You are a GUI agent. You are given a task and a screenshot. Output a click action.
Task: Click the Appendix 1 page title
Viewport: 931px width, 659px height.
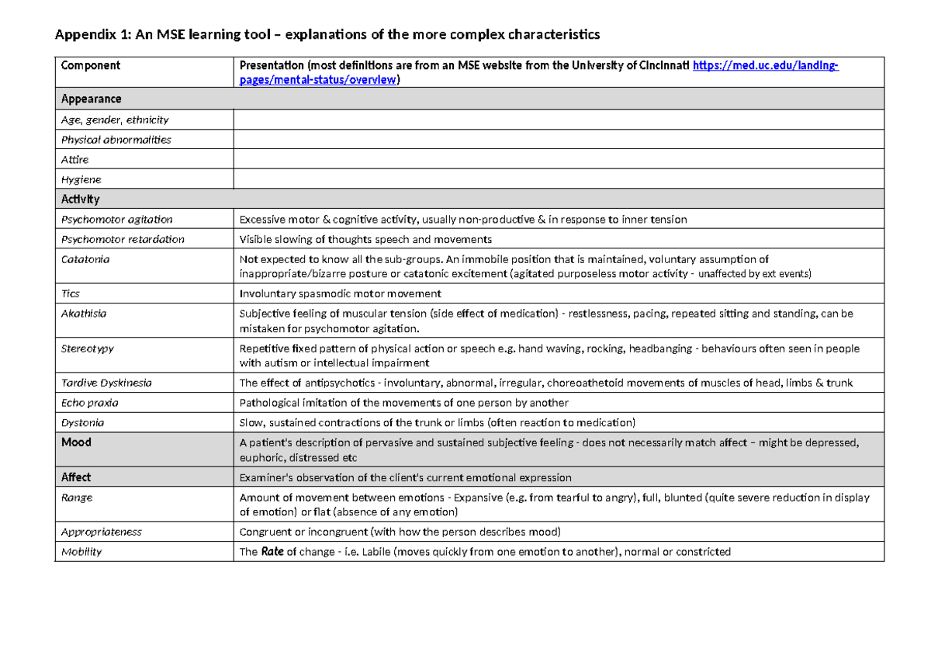(x=326, y=35)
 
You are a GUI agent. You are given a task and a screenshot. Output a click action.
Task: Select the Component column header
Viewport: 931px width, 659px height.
(x=91, y=66)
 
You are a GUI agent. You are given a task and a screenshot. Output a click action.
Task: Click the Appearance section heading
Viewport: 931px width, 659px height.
(x=92, y=99)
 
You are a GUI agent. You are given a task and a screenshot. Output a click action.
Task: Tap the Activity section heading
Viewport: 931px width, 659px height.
(x=81, y=199)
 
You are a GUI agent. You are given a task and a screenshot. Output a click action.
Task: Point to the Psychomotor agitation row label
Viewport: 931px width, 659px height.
(x=117, y=220)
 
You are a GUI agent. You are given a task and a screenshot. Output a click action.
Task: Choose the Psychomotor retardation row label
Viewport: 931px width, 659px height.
(x=123, y=239)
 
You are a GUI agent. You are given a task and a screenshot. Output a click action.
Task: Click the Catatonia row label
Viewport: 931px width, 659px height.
(x=85, y=259)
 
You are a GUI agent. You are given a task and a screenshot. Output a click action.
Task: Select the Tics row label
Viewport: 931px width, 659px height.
(x=71, y=294)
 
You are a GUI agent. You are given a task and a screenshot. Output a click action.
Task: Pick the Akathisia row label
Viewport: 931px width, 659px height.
(x=84, y=314)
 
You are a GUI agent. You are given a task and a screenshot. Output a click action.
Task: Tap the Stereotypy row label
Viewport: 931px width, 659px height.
(x=88, y=349)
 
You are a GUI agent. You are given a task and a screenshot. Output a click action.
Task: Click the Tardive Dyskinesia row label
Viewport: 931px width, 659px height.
(x=106, y=383)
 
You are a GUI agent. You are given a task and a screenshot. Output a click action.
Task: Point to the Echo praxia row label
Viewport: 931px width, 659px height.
(x=90, y=403)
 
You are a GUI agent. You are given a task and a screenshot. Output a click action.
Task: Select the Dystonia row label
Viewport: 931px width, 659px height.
(x=83, y=423)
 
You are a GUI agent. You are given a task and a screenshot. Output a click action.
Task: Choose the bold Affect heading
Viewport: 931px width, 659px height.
(x=77, y=477)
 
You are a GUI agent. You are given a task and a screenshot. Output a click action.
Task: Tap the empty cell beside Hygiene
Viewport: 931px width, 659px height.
(x=559, y=179)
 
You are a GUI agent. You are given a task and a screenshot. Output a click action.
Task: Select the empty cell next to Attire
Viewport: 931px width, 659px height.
(x=559, y=159)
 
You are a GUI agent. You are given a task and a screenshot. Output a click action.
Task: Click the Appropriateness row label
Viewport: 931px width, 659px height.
(x=102, y=532)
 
